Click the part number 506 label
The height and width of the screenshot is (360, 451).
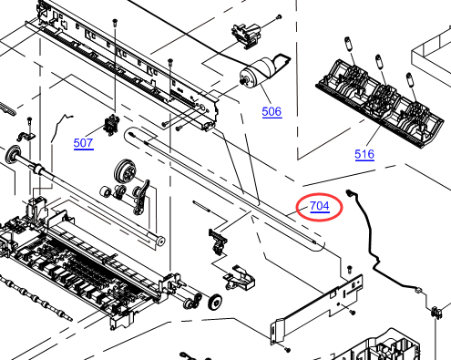pos(272,112)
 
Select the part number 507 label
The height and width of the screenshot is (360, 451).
pos(83,143)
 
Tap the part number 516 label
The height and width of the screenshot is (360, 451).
pos(364,154)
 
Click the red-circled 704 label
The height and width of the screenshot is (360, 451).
pos(320,206)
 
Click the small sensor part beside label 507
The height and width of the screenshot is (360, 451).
pos(111,125)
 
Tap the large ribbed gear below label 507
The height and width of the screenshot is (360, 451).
pos(126,170)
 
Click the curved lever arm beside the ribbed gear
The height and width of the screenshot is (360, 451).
pos(142,197)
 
